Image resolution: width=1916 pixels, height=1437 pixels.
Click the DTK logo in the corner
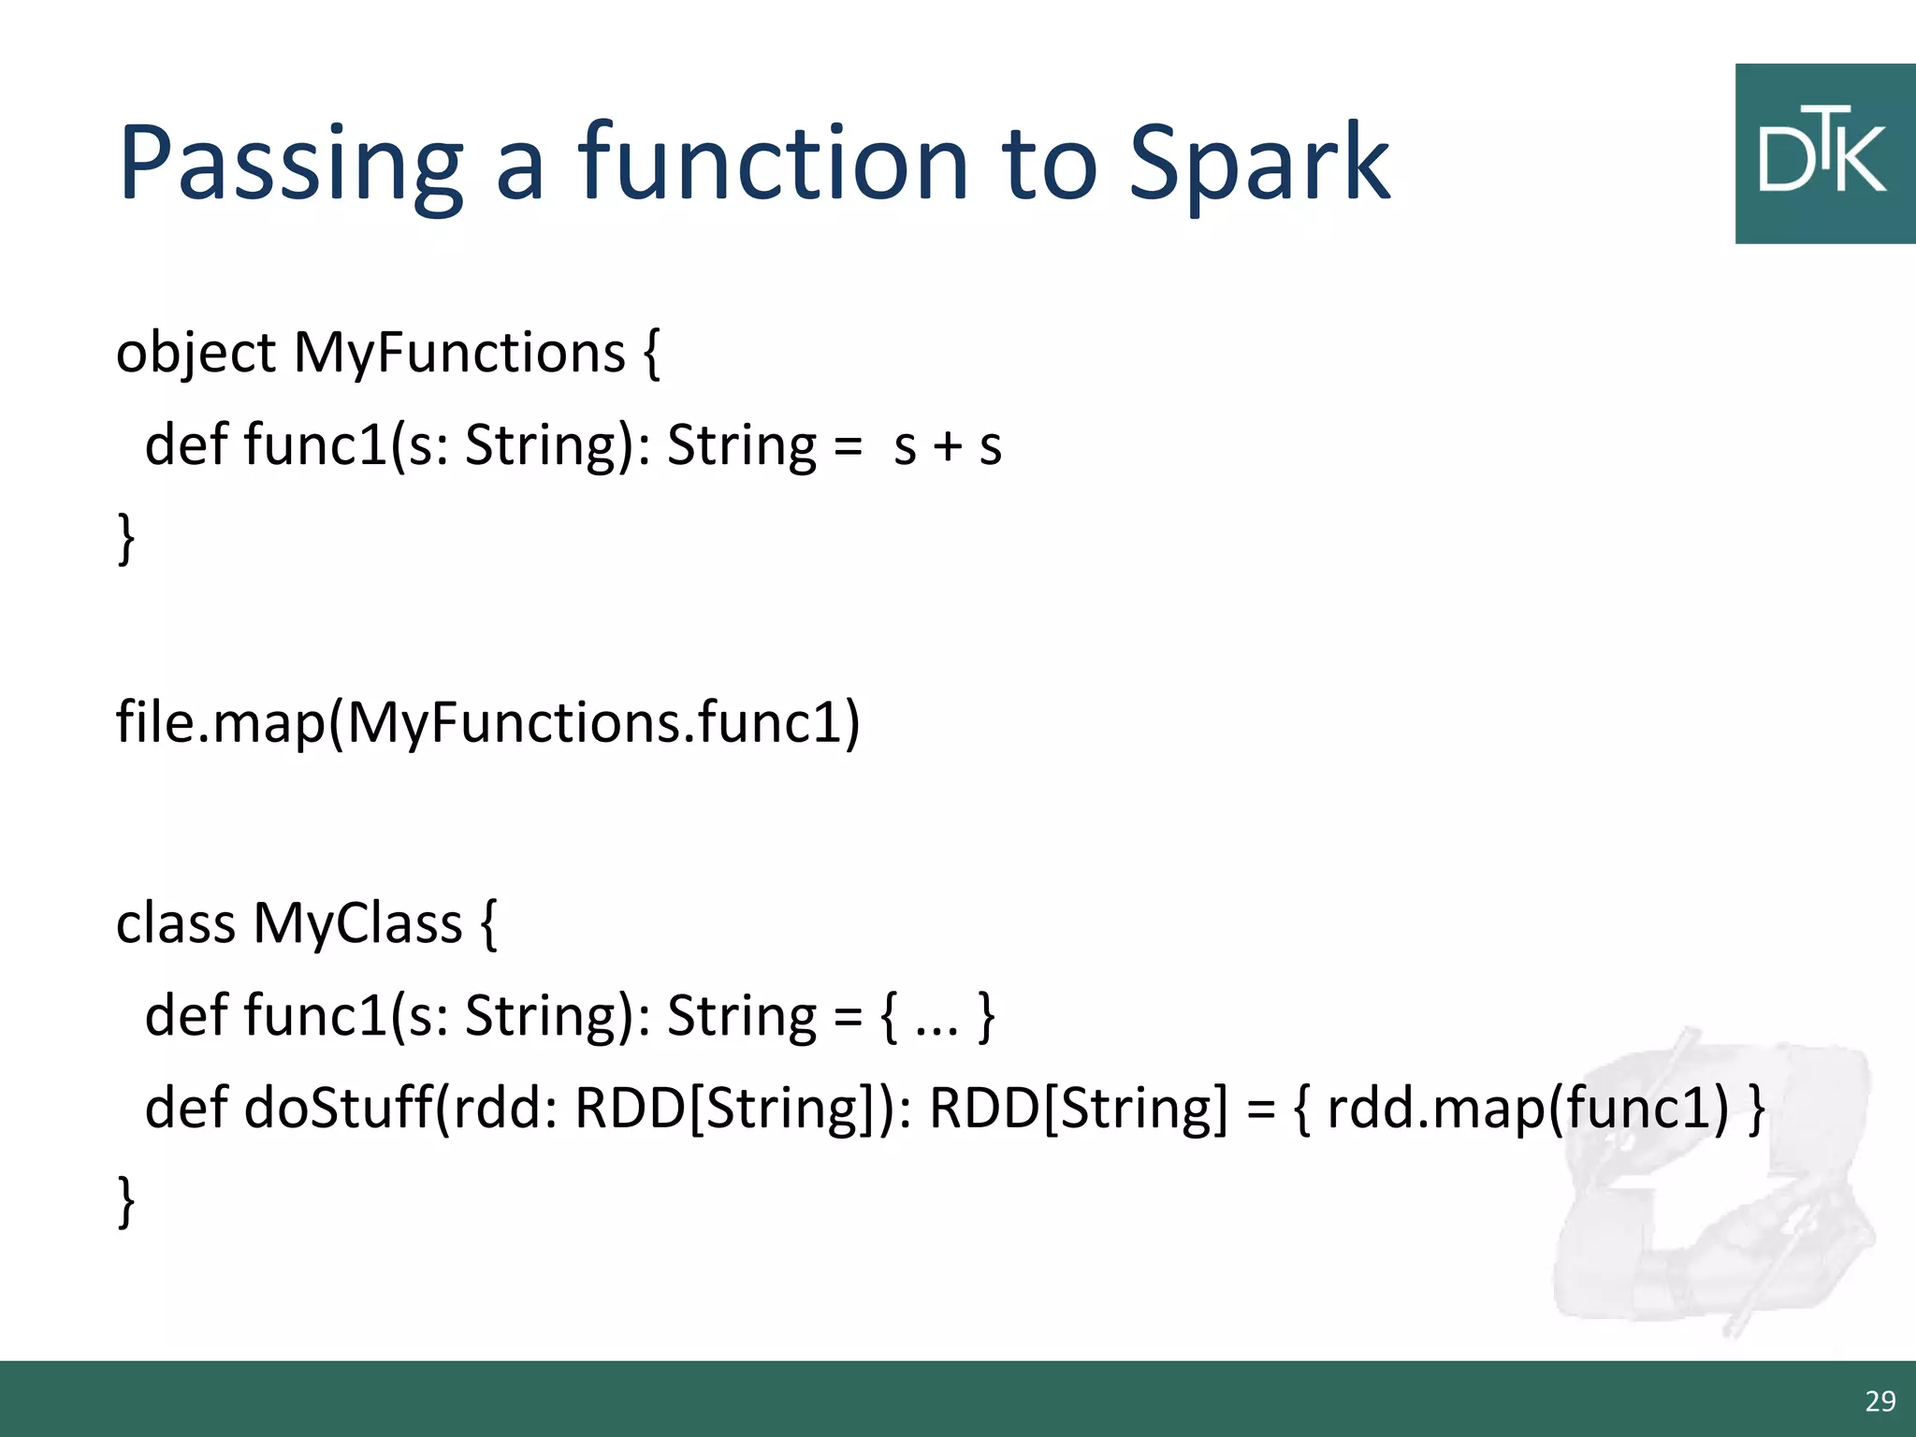[x=1823, y=154]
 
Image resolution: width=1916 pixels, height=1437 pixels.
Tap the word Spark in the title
[x=1259, y=164]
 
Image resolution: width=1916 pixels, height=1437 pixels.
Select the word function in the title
[x=773, y=164]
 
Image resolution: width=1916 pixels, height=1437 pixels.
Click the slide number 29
[x=1880, y=1401]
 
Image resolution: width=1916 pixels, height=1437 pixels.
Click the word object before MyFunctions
[x=196, y=354]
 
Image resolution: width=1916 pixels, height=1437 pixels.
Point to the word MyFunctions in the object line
[x=458, y=354]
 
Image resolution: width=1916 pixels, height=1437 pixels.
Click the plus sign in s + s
[x=948, y=445]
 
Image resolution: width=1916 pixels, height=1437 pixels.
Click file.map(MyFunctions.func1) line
[x=486, y=723]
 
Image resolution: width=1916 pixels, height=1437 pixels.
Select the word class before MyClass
[x=175, y=923]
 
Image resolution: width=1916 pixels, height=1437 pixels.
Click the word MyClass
[x=357, y=923]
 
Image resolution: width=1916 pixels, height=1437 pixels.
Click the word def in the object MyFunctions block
[x=185, y=445]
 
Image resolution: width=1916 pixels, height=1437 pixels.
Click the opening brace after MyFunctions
[x=652, y=354]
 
